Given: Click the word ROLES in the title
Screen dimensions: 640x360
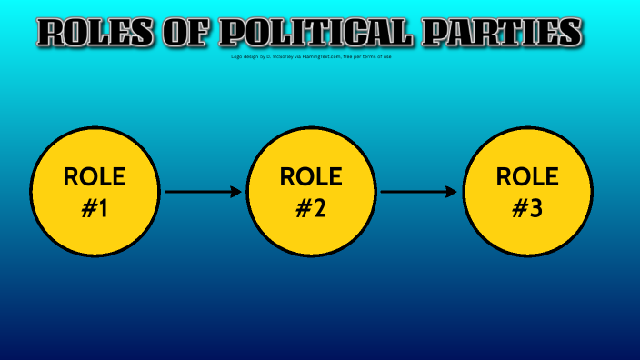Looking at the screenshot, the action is coord(95,33).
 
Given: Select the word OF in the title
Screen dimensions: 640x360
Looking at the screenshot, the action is coord(188,33).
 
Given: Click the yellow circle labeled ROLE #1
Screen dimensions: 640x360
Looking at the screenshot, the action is coord(95,192).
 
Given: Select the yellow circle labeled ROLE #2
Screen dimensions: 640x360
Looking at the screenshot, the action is coord(311,192).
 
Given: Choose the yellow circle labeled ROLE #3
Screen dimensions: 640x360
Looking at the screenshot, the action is coord(527,192).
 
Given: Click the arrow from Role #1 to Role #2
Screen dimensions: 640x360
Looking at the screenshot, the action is coord(203,192).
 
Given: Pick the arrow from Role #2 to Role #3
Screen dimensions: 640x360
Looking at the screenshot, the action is coord(418,192).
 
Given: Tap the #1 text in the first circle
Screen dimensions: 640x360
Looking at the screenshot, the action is coord(95,209).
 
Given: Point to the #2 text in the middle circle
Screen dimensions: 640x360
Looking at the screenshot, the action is coord(311,209).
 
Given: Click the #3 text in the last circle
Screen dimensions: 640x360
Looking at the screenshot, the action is coord(527,209).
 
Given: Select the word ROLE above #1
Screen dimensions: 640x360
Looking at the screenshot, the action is coord(95,176).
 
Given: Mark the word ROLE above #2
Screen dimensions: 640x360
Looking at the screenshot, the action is coord(311,176).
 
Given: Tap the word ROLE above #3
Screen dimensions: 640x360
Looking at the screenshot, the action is coord(527,176).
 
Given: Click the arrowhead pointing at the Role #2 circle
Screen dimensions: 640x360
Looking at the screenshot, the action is coord(237,192).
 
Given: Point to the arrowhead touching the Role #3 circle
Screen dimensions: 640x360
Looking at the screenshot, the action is coord(452,192).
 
